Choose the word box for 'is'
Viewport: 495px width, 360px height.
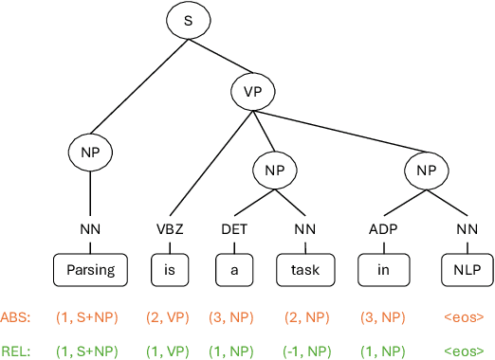point(169,269)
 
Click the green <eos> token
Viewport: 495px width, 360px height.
point(464,350)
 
